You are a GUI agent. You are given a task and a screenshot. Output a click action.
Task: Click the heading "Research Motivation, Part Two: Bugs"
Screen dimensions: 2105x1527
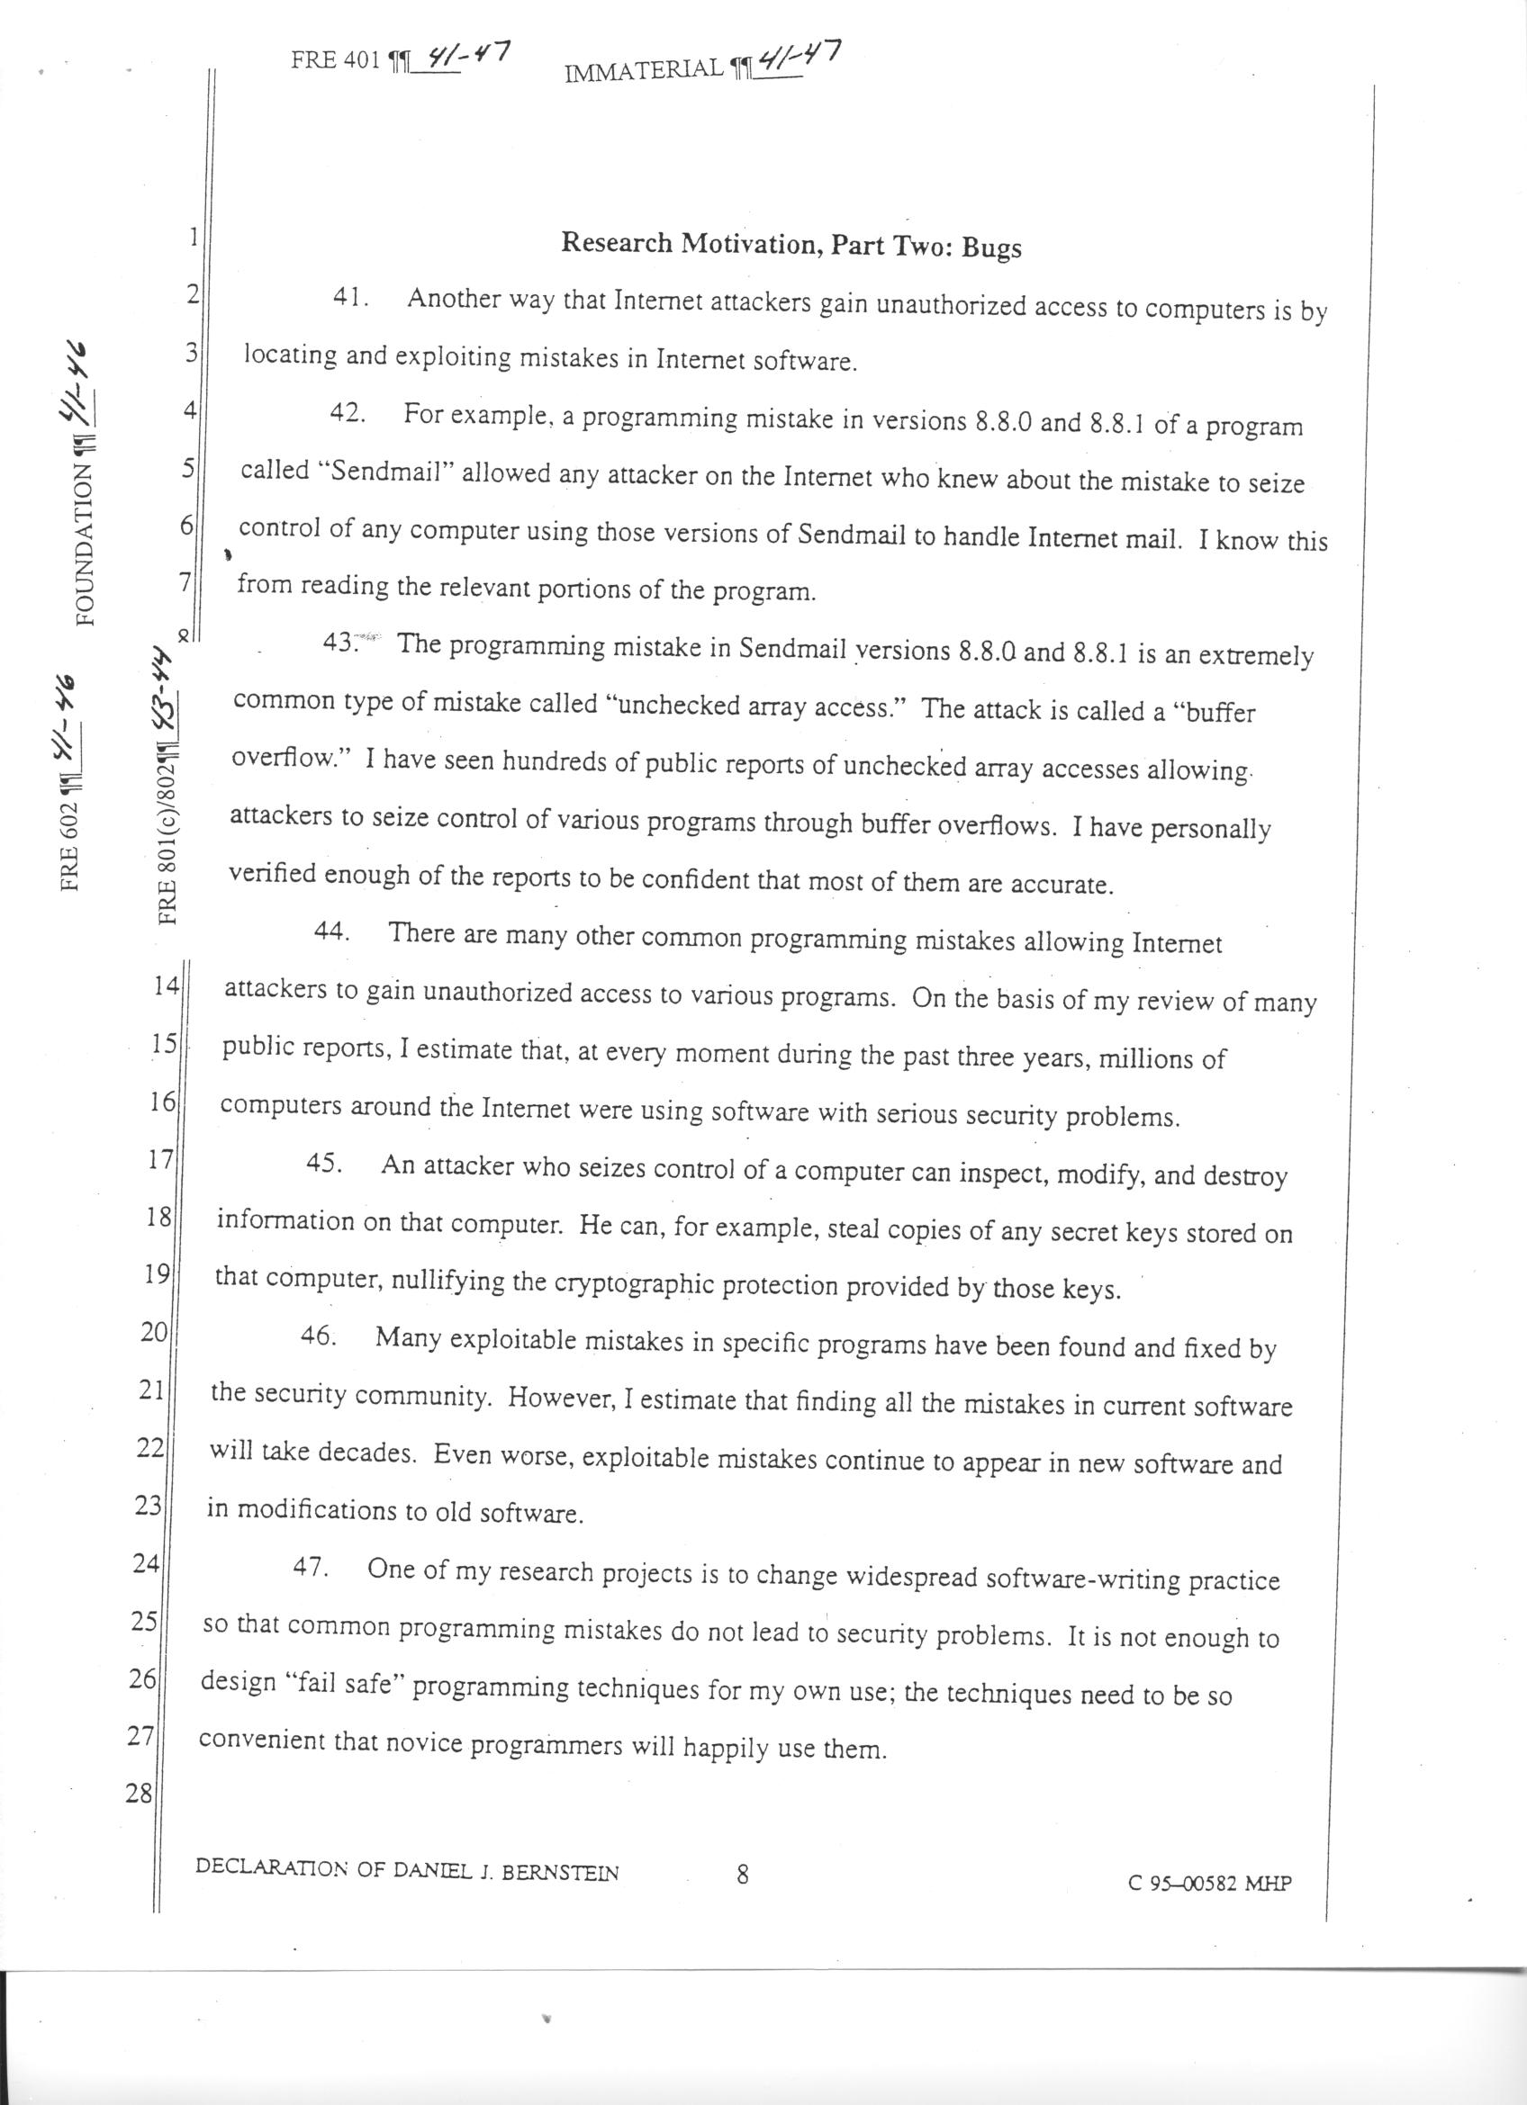[x=791, y=245]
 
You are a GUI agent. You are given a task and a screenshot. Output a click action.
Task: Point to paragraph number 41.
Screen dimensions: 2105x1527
[x=351, y=299]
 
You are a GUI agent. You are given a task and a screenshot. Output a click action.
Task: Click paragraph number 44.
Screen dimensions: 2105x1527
[x=331, y=931]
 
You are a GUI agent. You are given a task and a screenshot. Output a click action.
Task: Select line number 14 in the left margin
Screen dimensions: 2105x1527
[x=166, y=986]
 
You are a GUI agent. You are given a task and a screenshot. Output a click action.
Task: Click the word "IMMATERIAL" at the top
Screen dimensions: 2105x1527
[x=643, y=69]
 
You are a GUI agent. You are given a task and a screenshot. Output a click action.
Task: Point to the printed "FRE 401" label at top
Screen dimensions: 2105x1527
[x=336, y=60]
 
